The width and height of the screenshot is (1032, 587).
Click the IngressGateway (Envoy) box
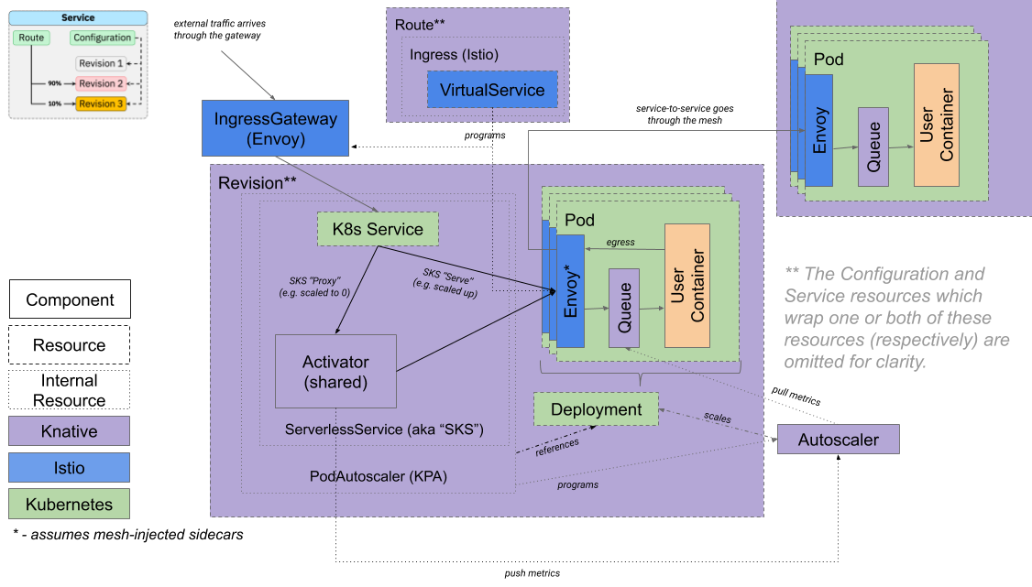pyautogui.click(x=275, y=127)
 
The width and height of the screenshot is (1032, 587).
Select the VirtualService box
pyautogui.click(x=492, y=90)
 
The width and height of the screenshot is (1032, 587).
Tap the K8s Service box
pyautogui.click(x=377, y=229)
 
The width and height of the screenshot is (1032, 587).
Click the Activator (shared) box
pyautogui.click(x=335, y=371)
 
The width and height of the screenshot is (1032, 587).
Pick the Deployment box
pyautogui.click(x=596, y=409)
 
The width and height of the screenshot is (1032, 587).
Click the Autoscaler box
pyautogui.click(x=838, y=440)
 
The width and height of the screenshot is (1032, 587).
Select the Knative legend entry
pyautogui.click(x=69, y=431)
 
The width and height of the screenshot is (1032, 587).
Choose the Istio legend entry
pyautogui.click(x=69, y=467)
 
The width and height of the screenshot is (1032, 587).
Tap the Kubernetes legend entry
pyautogui.click(x=69, y=504)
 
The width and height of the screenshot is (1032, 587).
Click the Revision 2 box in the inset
pyautogui.click(x=101, y=83)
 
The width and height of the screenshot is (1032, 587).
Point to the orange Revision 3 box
pyautogui.click(x=101, y=103)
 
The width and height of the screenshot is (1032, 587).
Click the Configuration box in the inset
pyautogui.click(x=103, y=38)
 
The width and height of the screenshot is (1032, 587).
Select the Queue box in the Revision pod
pyautogui.click(x=624, y=308)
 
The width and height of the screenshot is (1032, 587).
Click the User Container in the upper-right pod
pyautogui.click(x=936, y=125)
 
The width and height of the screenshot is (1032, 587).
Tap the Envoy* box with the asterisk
pyautogui.click(x=570, y=291)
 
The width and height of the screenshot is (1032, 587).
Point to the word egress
pyautogui.click(x=620, y=243)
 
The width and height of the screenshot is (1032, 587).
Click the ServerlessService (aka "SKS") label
pyautogui.click(x=384, y=429)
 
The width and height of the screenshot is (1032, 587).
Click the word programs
pyautogui.click(x=577, y=484)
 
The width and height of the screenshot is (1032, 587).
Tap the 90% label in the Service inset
pyautogui.click(x=55, y=83)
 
